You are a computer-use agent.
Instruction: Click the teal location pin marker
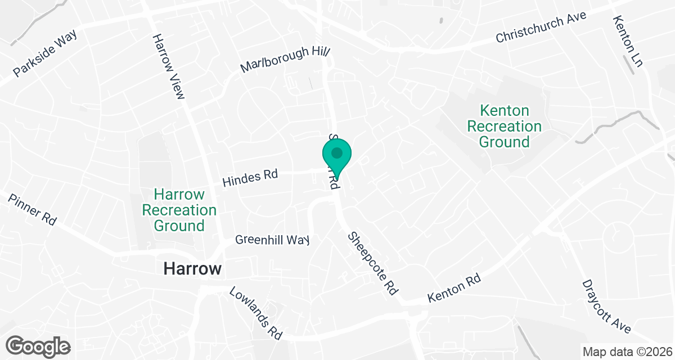pos(337,154)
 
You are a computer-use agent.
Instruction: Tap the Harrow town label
pos(192,269)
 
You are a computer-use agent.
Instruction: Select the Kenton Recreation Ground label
pos(505,126)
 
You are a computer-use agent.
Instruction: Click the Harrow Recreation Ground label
pos(179,210)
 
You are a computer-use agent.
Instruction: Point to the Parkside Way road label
pos(45,53)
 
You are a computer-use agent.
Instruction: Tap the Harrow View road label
pos(168,66)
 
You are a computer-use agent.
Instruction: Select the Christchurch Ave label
pos(541,27)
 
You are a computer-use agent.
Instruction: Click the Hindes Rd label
pos(250,178)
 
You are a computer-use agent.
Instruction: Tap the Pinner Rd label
pos(32,209)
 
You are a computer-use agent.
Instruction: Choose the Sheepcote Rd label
pos(373,263)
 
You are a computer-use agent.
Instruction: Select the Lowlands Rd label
pos(255,313)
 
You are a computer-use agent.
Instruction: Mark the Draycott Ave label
pos(607,306)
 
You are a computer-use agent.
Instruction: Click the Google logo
pos(38,345)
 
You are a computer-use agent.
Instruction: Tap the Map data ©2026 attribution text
pos(626,352)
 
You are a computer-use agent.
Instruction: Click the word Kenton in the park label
pos(505,110)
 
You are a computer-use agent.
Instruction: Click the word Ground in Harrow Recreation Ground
pos(179,226)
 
